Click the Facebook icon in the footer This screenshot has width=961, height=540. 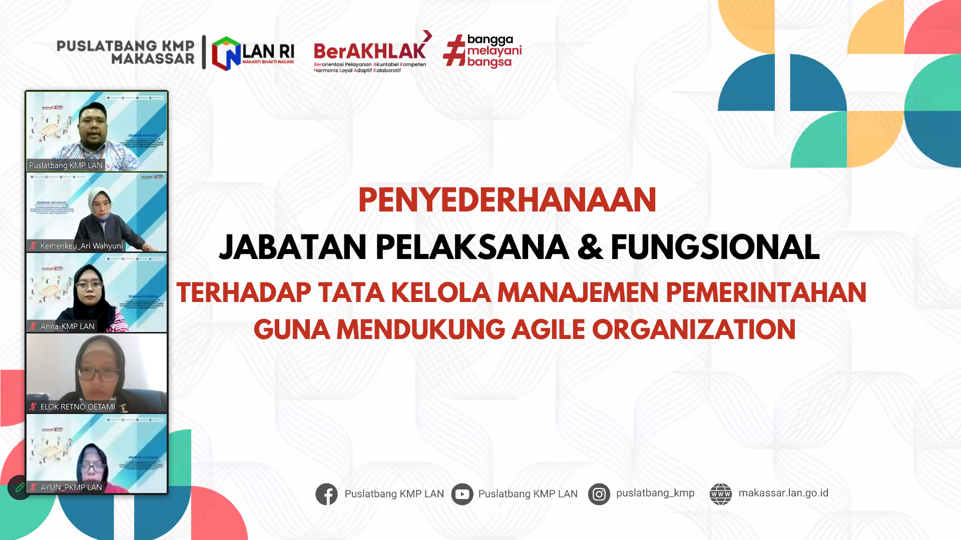coord(326,494)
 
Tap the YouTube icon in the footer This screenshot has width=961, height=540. coord(462,494)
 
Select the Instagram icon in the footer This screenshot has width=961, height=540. coord(599,494)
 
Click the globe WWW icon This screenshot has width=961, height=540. coord(721,494)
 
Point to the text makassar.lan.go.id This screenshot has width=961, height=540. coord(783,493)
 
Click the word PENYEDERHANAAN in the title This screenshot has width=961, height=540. coord(507,200)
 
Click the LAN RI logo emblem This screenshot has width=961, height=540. coord(226,53)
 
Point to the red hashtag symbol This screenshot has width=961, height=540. coord(454,50)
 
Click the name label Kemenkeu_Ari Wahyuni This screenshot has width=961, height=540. coord(82,246)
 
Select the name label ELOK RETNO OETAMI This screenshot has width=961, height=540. coord(78,407)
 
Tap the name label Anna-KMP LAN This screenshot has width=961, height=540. coord(67,326)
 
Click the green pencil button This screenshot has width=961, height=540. coord(20,487)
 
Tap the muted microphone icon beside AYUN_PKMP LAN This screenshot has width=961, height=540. coord(33,487)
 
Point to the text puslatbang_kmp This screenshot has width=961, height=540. coord(655,493)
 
